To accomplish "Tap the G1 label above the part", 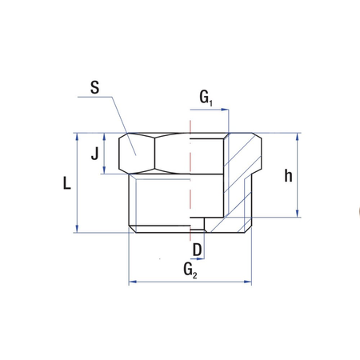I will [x=206, y=98].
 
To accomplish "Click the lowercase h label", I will [x=288, y=176].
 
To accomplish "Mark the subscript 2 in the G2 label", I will [x=194, y=274].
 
